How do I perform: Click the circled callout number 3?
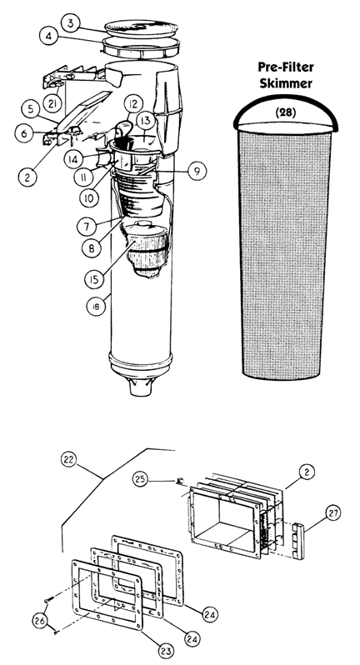(x=70, y=23)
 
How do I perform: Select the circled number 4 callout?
(x=49, y=37)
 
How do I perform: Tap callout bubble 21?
(x=52, y=104)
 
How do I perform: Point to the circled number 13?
(x=146, y=121)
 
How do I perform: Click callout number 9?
(x=197, y=172)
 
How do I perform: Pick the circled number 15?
(x=94, y=279)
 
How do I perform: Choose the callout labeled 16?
(x=97, y=307)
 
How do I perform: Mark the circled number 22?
(x=70, y=459)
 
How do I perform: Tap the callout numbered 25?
(x=141, y=480)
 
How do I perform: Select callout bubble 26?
(x=41, y=622)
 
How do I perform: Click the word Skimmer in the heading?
(x=286, y=83)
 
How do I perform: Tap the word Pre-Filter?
(x=286, y=67)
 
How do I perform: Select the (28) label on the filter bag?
(x=286, y=112)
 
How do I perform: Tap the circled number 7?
(x=87, y=227)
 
